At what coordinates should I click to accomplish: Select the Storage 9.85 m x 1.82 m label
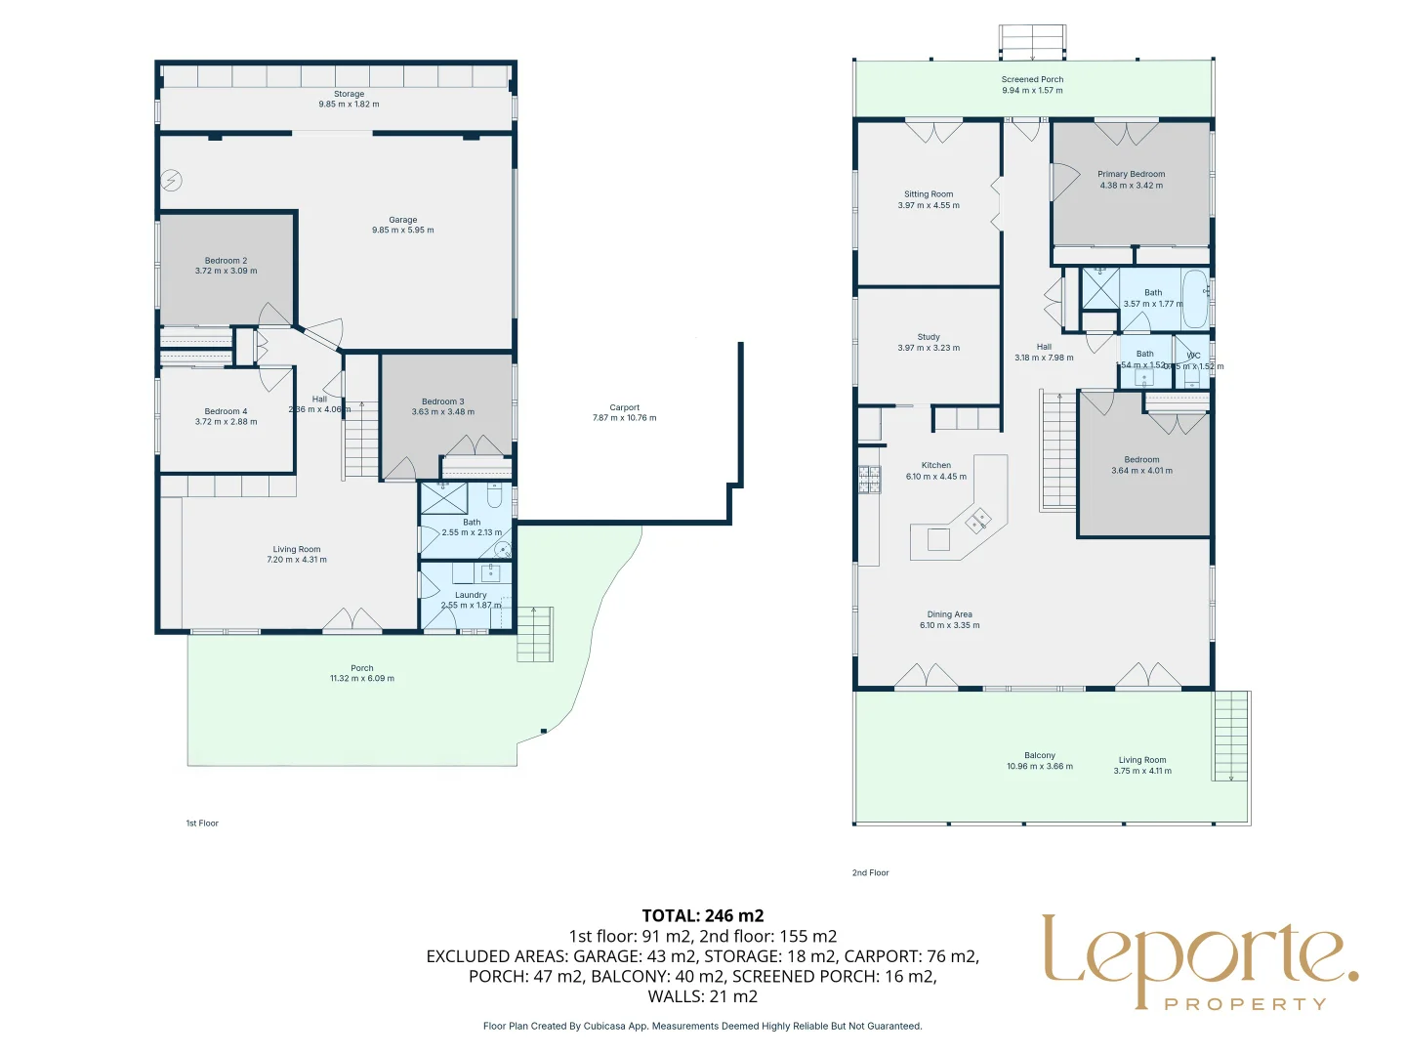pos(349,99)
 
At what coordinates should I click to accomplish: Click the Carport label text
pos(624,407)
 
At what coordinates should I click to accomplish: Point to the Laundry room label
pos(471,595)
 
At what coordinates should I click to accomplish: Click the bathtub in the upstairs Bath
pos(1195,299)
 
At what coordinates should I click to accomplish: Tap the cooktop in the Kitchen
pos(869,478)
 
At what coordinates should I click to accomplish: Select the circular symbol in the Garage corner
pos(172,180)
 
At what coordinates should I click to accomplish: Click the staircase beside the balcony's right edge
pos(1231,735)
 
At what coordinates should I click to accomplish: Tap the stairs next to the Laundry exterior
pos(535,634)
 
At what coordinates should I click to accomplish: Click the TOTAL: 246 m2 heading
pos(703,915)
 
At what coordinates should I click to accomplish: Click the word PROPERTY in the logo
pos(1245,1004)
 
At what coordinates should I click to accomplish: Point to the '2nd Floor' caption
pos(870,872)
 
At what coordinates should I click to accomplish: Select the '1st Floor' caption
pos(202,823)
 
